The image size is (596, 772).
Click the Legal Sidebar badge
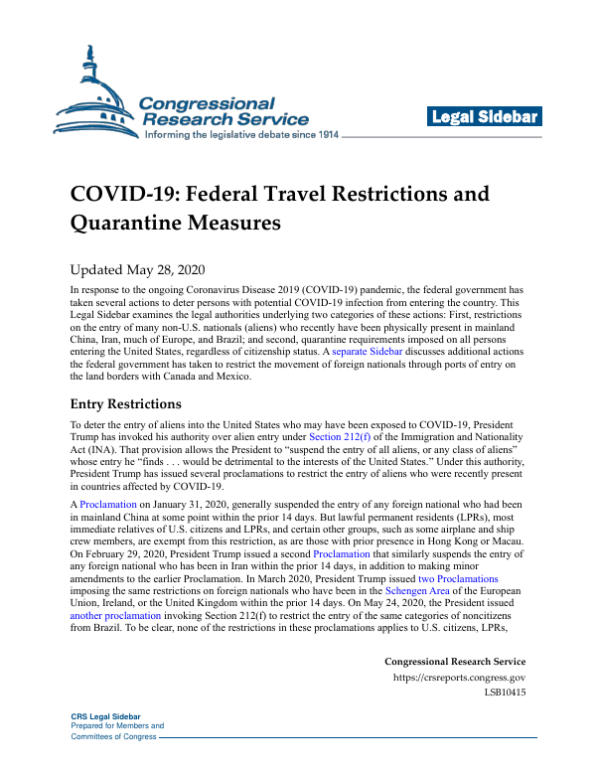point(484,117)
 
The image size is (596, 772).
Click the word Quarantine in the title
point(124,224)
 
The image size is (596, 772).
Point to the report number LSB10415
point(505,693)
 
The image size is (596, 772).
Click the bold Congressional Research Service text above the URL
point(454,662)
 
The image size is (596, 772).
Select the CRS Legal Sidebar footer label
point(104,716)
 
